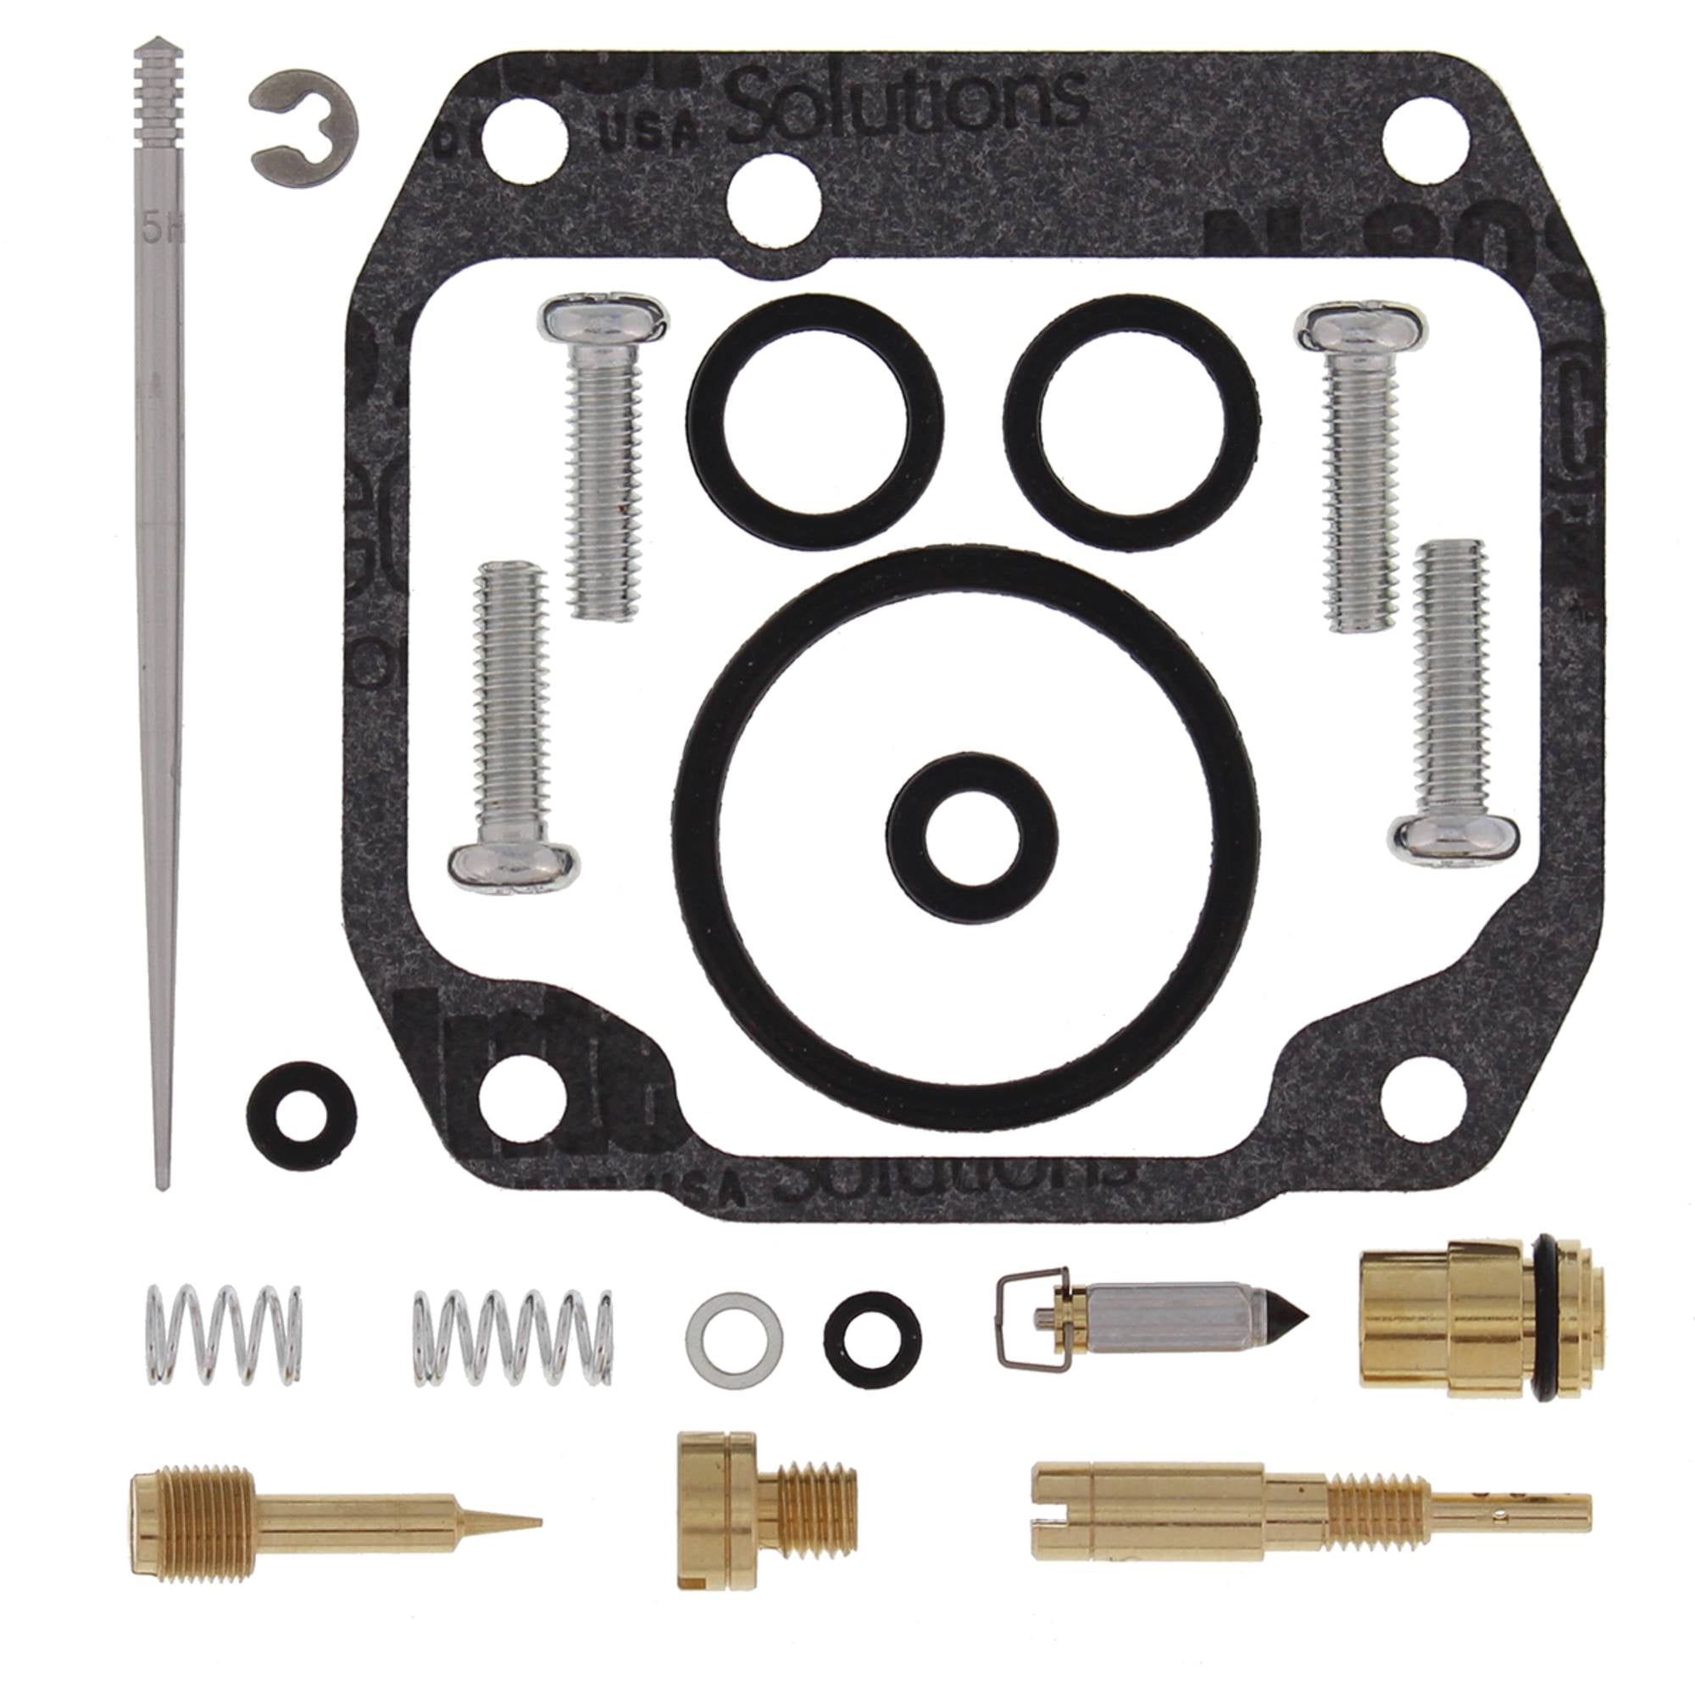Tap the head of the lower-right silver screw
(x=1457, y=837)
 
